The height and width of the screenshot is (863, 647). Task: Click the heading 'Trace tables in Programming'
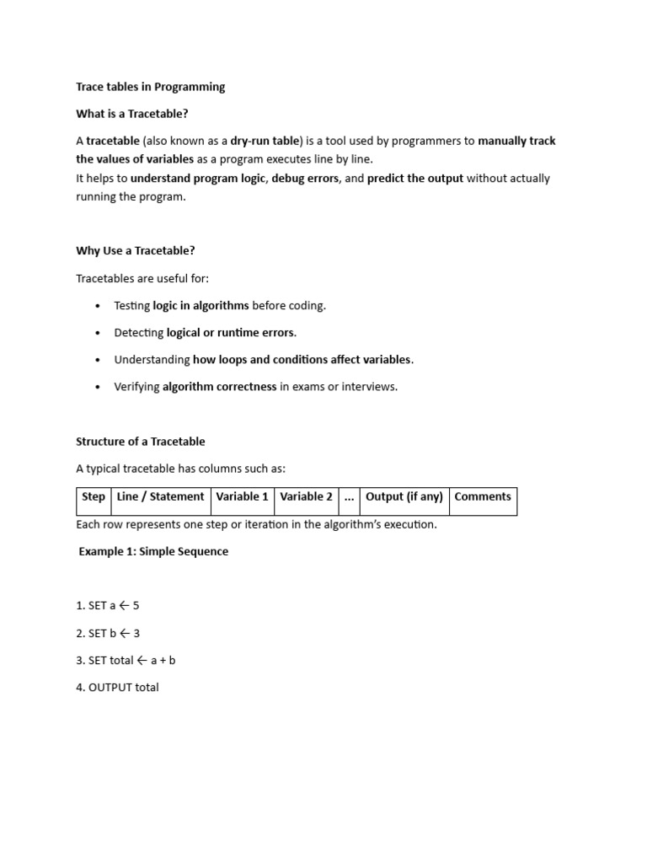pyautogui.click(x=151, y=87)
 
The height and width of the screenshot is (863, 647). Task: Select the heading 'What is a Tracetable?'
pyautogui.click(x=138, y=114)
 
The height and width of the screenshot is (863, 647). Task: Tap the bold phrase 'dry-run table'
pyautogui.click(x=265, y=142)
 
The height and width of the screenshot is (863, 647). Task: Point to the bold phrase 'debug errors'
pyautogui.click(x=305, y=179)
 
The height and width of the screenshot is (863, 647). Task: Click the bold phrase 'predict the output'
pyautogui.click(x=415, y=179)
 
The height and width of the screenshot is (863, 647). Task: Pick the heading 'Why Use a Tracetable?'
pyautogui.click(x=136, y=251)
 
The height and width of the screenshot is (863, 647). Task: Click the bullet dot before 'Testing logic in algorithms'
pyautogui.click(x=99, y=306)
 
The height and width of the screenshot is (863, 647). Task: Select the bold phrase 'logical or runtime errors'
pyautogui.click(x=231, y=333)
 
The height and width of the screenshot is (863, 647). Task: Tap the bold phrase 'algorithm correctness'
pyautogui.click(x=219, y=387)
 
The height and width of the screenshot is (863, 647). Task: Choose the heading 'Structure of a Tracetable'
pyautogui.click(x=141, y=442)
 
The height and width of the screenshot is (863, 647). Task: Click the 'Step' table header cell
pyautogui.click(x=94, y=497)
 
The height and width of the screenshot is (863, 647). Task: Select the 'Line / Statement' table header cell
pyautogui.click(x=161, y=497)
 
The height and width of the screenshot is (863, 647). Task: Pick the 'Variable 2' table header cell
pyautogui.click(x=306, y=497)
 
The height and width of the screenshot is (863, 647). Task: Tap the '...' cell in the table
pyautogui.click(x=350, y=497)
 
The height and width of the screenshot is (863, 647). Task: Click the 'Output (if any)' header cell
pyautogui.click(x=404, y=497)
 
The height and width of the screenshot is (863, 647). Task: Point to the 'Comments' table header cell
pyautogui.click(x=483, y=497)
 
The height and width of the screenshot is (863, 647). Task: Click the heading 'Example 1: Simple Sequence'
pyautogui.click(x=153, y=552)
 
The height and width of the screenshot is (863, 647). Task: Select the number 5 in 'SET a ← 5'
pyautogui.click(x=136, y=606)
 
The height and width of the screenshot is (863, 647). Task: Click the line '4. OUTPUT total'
pyautogui.click(x=117, y=688)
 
